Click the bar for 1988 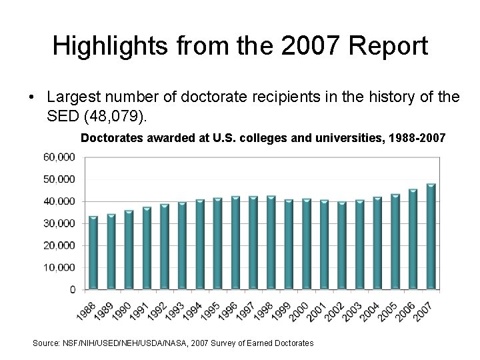pyautogui.click(x=93, y=253)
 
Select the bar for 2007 pyautogui.click(x=431, y=237)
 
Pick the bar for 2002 pyautogui.click(x=342, y=245)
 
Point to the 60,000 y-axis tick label pyautogui.click(x=60, y=157)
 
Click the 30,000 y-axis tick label pyautogui.click(x=60, y=223)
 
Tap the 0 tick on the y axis pyautogui.click(x=71, y=290)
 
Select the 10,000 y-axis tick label pyautogui.click(x=60, y=268)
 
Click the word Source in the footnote pyautogui.click(x=46, y=343)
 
